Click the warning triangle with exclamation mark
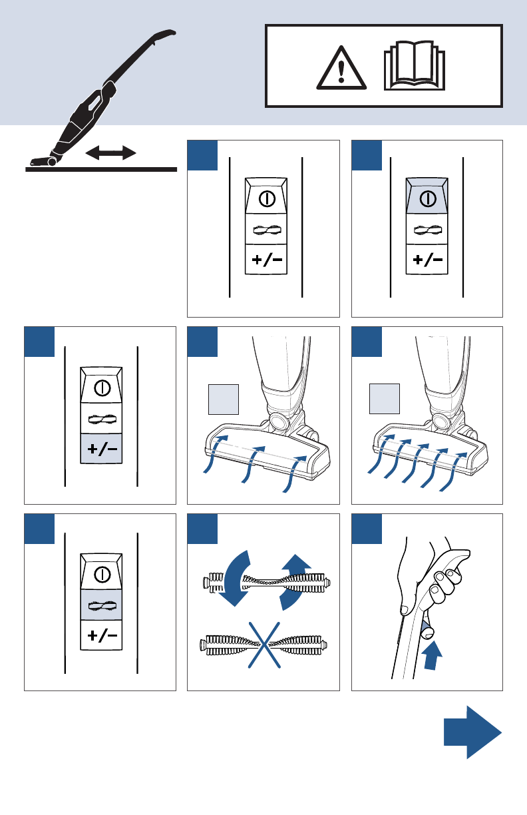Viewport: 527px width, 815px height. [341, 69]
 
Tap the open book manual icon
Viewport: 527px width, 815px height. [413, 67]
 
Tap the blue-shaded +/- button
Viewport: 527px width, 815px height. [102, 449]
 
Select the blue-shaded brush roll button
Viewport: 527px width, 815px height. [102, 606]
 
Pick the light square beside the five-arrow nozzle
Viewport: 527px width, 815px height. [385, 399]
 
